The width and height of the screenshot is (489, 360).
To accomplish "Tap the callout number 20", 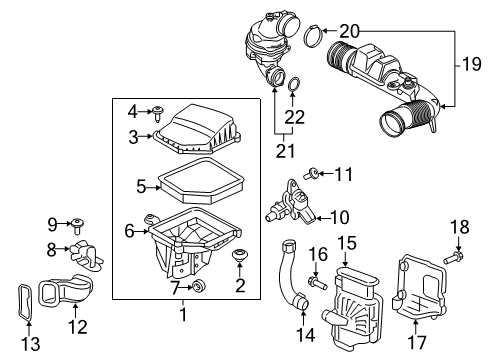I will [x=348, y=30].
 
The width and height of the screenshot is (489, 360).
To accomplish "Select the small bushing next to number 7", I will [x=199, y=287].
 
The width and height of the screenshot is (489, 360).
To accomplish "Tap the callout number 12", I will [x=77, y=326].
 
